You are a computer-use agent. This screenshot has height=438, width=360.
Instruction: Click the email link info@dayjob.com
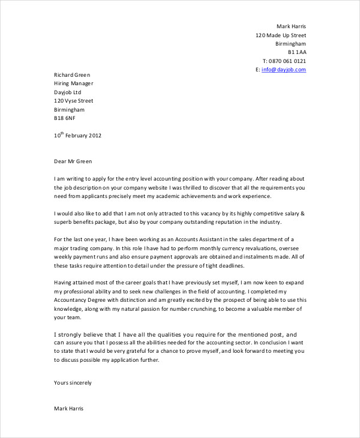pyautogui.click(x=284, y=70)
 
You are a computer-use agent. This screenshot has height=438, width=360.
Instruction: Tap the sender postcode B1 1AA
pyautogui.click(x=295, y=52)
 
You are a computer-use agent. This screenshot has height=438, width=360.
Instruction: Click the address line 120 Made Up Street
pyautogui.click(x=280, y=35)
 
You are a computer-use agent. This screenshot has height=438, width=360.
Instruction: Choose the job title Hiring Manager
pyautogui.click(x=73, y=84)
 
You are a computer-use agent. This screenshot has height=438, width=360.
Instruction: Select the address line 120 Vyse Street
pyautogui.click(x=74, y=101)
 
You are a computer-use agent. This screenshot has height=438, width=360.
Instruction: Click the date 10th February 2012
pyautogui.click(x=77, y=136)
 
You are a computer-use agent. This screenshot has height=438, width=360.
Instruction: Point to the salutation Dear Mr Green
pyautogui.click(x=74, y=161)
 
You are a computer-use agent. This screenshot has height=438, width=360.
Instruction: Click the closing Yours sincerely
pyautogui.click(x=73, y=382)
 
